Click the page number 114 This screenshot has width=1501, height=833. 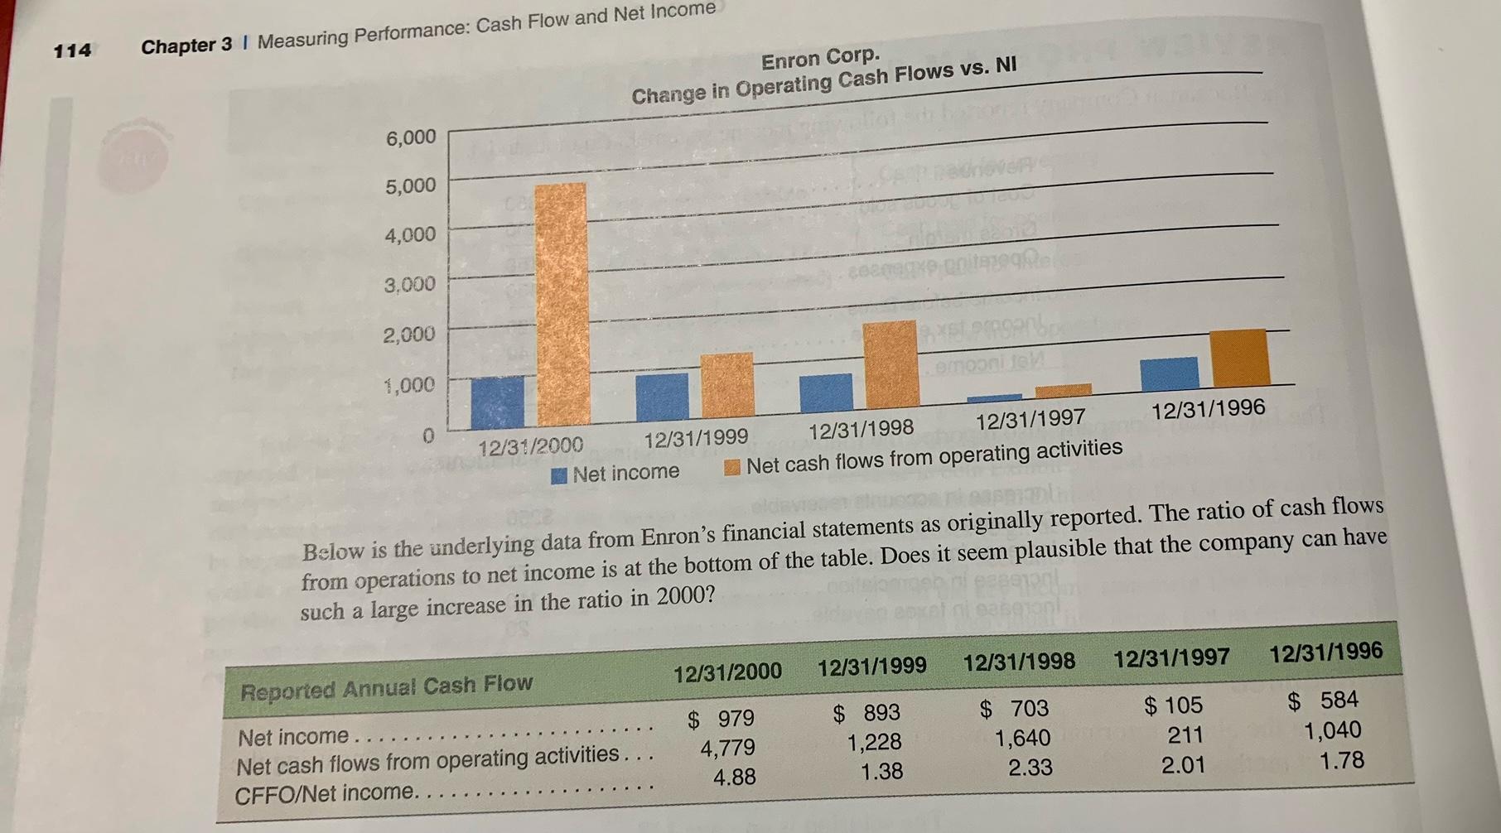coord(72,51)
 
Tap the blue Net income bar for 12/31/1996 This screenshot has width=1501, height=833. coord(1169,374)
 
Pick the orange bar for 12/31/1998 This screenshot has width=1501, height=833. coord(891,364)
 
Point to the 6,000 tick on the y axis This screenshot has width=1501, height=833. coord(410,137)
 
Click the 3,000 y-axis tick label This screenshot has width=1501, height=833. coord(409,285)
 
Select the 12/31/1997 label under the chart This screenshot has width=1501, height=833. coord(1030,419)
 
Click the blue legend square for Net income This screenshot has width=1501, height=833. coord(559,475)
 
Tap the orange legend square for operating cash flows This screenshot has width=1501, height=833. coord(731,468)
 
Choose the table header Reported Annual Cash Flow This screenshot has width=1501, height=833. coord(386,687)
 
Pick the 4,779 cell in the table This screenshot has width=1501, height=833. coord(727,748)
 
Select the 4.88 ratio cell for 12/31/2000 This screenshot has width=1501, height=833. coord(734,778)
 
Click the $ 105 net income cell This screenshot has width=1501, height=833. coord(1173,705)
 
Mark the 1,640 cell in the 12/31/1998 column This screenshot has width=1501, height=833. coord(1022,738)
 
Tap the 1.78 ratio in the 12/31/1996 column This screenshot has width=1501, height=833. coord(1341,760)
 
